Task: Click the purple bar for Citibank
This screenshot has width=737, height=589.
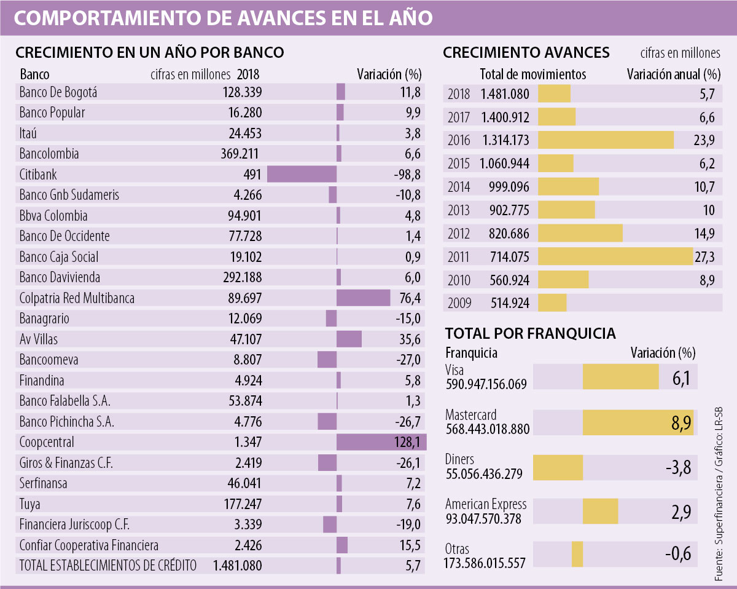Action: pyautogui.click(x=302, y=174)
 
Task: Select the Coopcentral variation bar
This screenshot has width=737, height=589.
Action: pyautogui.click(x=381, y=442)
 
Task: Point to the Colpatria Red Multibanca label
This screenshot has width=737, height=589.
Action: pyautogui.click(x=77, y=298)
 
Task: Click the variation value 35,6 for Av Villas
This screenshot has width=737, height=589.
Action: pyautogui.click(x=407, y=339)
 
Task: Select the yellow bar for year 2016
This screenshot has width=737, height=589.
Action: pyautogui.click(x=606, y=140)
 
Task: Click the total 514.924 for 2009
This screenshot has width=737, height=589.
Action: pyautogui.click(x=510, y=303)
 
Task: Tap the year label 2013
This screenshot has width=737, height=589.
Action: pyautogui.click(x=459, y=210)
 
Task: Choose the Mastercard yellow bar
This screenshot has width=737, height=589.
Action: pyautogui.click(x=638, y=422)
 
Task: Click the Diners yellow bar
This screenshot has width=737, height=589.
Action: pyautogui.click(x=558, y=468)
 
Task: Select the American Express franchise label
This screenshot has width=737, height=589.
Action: pyautogui.click(x=485, y=505)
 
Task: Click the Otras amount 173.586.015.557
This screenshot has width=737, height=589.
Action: pyautogui.click(x=485, y=563)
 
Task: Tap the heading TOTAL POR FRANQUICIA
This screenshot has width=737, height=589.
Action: pyautogui.click(x=530, y=333)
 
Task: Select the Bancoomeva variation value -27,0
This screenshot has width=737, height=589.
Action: pyautogui.click(x=406, y=360)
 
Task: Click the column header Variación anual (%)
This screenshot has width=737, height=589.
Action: pyautogui.click(x=673, y=75)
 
